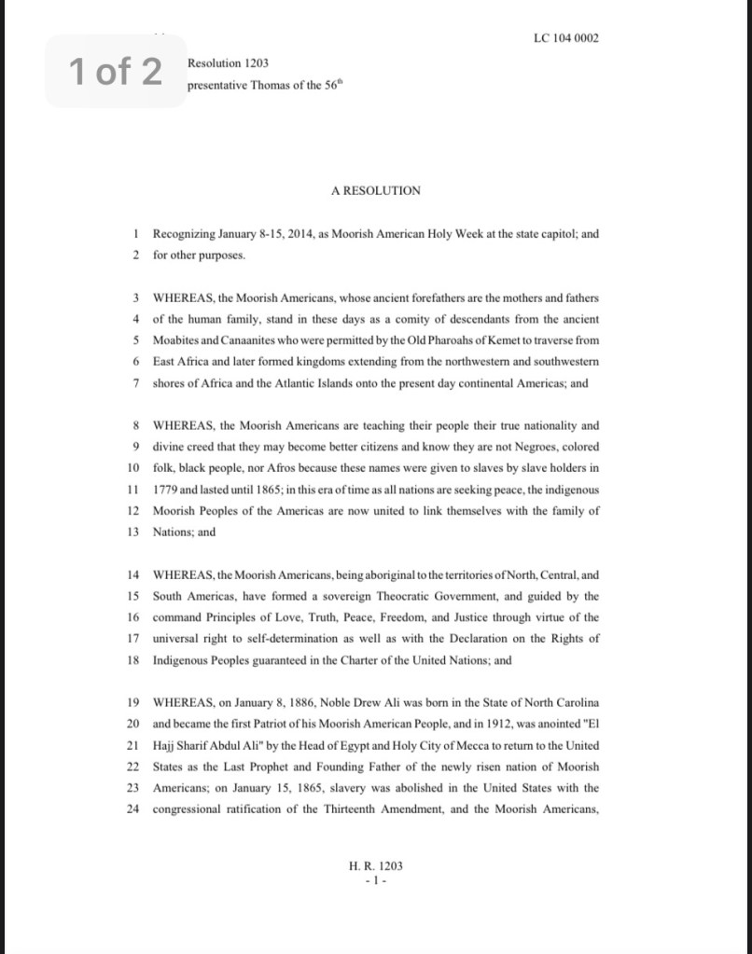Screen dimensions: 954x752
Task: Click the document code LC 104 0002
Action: pyautogui.click(x=566, y=38)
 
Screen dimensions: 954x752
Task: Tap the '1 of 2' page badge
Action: pyautogui.click(x=115, y=71)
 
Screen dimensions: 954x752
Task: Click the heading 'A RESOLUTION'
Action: pyautogui.click(x=376, y=190)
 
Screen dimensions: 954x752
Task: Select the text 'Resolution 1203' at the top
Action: pyautogui.click(x=228, y=63)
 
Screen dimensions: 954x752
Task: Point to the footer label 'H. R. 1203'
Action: pyautogui.click(x=375, y=865)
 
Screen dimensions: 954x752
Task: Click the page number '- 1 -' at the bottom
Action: pyautogui.click(x=375, y=879)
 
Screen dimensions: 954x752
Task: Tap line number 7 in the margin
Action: pyautogui.click(x=136, y=382)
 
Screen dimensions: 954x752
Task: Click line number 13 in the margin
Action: pyautogui.click(x=133, y=532)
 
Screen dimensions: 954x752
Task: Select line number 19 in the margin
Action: pyautogui.click(x=133, y=701)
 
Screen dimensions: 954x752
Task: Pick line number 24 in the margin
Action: pyautogui.click(x=133, y=809)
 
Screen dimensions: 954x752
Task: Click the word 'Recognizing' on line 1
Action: pyautogui.click(x=183, y=234)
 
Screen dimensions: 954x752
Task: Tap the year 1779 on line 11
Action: pyautogui.click(x=167, y=490)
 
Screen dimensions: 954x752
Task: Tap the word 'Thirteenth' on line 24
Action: pyautogui.click(x=350, y=809)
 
